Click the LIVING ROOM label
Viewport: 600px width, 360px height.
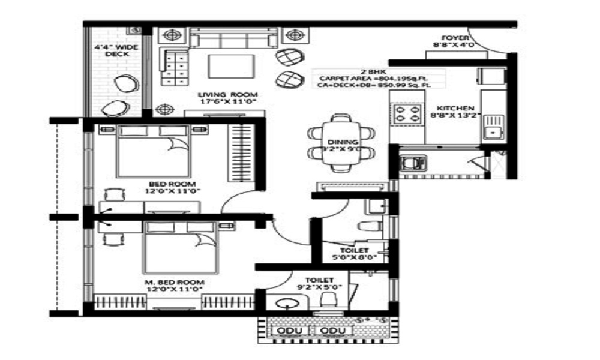pyautogui.click(x=228, y=95)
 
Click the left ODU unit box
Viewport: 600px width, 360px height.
pyautogui.click(x=290, y=331)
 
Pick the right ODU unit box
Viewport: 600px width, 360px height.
pyautogui.click(x=329, y=331)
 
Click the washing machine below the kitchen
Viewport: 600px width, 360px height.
pyautogui.click(x=413, y=163)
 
